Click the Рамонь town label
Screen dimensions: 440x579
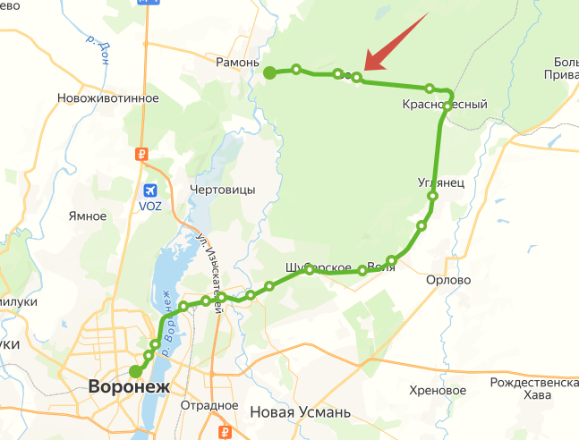237,63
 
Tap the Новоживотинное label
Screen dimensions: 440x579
107,98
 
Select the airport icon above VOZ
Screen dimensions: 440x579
150,190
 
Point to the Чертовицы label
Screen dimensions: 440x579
223,190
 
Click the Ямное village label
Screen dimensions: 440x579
88,216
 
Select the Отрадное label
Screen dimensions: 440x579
209,405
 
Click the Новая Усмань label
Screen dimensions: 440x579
300,412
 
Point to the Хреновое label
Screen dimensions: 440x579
438,391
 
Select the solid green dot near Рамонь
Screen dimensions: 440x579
270,72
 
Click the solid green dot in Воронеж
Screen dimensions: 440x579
135,371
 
